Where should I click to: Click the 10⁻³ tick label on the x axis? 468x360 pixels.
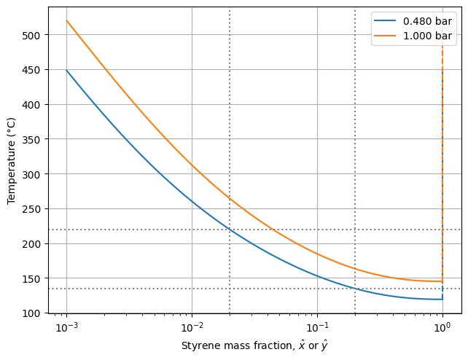(x=66, y=326)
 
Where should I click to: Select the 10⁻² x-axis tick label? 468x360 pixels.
(x=192, y=326)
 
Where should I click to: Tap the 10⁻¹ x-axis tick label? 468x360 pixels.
(x=317, y=326)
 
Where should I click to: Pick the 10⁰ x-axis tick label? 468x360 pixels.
(x=442, y=326)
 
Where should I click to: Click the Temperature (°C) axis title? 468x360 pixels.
(x=12, y=160)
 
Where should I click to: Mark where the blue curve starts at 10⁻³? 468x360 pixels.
(x=67, y=71)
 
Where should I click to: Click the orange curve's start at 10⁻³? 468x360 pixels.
(x=67, y=21)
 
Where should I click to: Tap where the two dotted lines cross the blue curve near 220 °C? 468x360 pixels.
(x=230, y=230)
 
